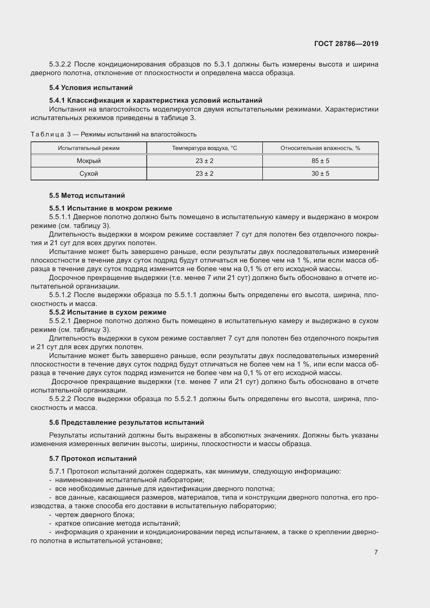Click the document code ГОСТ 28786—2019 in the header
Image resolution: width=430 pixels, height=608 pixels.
[346, 44]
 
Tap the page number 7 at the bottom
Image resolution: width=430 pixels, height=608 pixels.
[376, 552]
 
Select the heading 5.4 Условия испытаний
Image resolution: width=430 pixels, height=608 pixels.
[91, 88]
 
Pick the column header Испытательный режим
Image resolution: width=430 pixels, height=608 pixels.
[89, 148]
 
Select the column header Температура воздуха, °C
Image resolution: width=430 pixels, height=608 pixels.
[204, 148]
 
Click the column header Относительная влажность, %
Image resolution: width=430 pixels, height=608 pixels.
[320, 148]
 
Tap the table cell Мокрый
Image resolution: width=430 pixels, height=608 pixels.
[89, 161]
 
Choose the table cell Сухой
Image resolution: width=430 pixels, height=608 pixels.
[89, 173]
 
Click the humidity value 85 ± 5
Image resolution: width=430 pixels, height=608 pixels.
[320, 161]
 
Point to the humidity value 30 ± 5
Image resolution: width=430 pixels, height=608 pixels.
[320, 173]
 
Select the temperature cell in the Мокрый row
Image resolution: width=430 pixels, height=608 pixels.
[204, 161]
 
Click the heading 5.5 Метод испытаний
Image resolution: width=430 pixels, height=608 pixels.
[87, 195]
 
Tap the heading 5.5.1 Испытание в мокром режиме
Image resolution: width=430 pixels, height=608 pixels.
[110, 208]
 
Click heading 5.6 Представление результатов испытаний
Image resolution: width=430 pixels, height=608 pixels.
[126, 422]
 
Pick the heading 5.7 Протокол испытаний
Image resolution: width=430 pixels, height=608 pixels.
[93, 458]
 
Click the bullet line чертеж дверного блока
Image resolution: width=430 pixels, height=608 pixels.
[95, 514]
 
